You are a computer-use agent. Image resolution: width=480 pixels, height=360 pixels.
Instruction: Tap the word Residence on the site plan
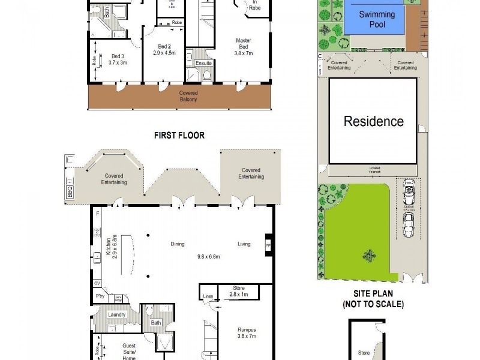pos(373,121)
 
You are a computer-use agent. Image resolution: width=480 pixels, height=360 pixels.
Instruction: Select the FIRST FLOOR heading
pos(179,136)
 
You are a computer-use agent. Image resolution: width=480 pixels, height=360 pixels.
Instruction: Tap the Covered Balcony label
pos(188,96)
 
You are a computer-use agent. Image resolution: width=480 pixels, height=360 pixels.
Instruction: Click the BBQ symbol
pos(69,193)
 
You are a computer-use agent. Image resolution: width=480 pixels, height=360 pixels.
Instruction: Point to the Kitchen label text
pos(108,246)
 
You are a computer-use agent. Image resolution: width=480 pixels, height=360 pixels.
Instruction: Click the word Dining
pos(177,244)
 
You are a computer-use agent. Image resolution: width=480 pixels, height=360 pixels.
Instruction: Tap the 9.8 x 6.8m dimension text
pos(209,257)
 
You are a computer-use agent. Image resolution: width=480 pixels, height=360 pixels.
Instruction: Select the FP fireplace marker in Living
pos(268,245)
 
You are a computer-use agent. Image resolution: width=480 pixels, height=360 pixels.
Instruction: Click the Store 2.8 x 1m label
pos(238,292)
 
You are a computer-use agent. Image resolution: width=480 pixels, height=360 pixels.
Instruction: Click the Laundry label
pos(116,314)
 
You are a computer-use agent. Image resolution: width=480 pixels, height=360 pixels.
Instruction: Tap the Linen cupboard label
pos(208,296)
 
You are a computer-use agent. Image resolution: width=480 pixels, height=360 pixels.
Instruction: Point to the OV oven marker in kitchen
pos(97,283)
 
